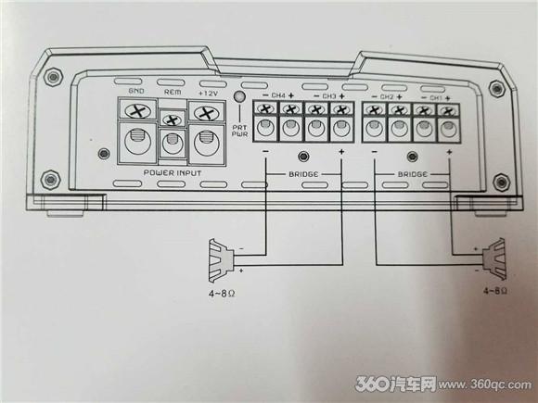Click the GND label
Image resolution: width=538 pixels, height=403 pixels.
pos(136,91)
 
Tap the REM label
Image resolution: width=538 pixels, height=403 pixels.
pos(173,93)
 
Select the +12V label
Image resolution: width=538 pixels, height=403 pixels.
pos(209,94)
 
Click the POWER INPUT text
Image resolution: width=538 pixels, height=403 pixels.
pos(173,172)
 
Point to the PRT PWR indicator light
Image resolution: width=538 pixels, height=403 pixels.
pos(239,96)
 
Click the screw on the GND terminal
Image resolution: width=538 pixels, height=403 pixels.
pos(138,111)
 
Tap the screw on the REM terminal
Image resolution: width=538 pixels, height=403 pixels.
pos(173,120)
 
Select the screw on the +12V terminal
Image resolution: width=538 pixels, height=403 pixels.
pos(207,113)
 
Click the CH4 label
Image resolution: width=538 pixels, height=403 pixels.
pos(278,95)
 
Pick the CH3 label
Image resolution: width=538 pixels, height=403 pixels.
pos(329,96)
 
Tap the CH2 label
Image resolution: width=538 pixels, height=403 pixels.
pos(387,97)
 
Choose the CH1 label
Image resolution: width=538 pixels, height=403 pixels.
pos(436,98)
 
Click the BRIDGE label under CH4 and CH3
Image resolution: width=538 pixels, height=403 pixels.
pos(303,174)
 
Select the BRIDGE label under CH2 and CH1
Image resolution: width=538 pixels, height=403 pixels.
pos(413,174)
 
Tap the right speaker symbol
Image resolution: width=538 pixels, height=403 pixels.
pos(494,259)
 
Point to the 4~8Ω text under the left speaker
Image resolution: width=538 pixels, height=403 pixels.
pos(222,294)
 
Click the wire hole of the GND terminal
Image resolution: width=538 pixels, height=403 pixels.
pos(138,141)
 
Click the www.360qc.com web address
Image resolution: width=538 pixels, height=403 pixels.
pos(485,384)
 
